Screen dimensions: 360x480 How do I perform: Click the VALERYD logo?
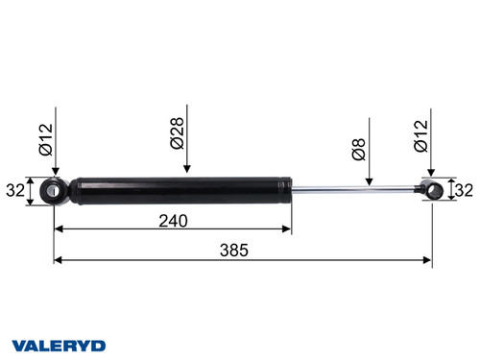pos(59,345)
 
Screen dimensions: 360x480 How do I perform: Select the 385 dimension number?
pos(233,251)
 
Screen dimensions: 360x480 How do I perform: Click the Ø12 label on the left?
pos(45,141)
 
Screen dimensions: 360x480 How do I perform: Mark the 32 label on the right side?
pos(464,190)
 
